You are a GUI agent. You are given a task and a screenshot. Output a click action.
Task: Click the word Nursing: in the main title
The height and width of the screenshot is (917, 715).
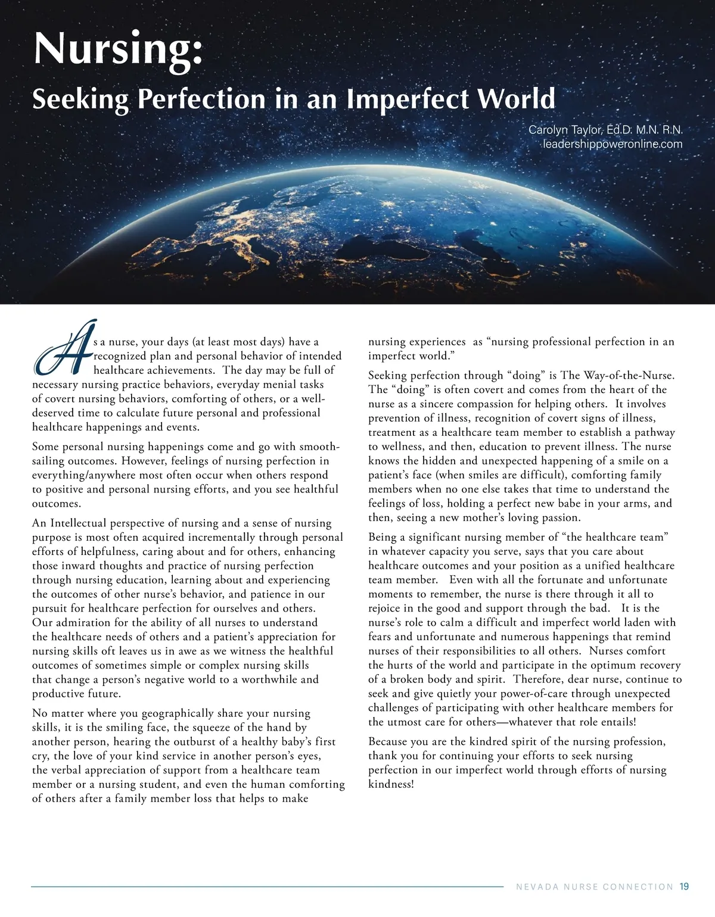tap(118, 49)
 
